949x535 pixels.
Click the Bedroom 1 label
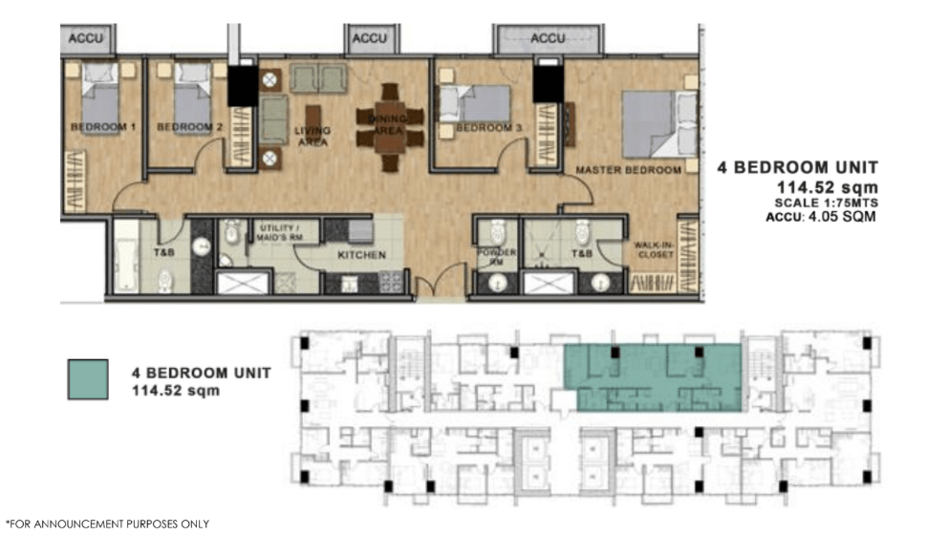[103, 127]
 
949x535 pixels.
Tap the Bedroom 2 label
[189, 127]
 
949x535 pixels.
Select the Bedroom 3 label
[488, 128]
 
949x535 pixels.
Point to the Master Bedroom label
[628, 170]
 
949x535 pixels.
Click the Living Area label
[313, 137]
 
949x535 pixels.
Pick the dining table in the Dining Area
[390, 127]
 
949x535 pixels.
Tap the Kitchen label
[361, 255]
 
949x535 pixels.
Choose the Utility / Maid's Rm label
[279, 232]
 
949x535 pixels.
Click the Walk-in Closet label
[654, 249]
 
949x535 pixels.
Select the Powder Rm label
[496, 257]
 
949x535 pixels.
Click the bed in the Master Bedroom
[659, 124]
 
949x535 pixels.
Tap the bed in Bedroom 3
[474, 103]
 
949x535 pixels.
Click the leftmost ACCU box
[87, 39]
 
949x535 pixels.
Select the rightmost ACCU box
[549, 39]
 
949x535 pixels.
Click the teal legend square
[88, 379]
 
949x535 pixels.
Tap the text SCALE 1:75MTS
[826, 203]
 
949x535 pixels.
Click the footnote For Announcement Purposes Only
[107, 524]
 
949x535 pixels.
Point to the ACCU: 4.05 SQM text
[821, 217]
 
